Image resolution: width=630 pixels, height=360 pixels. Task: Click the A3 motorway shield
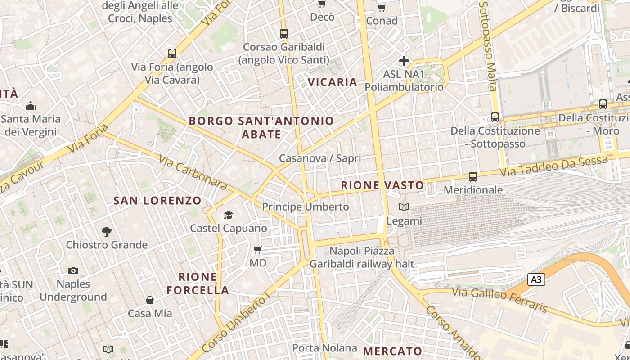(x=536, y=280)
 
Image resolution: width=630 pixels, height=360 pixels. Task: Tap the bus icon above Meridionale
(x=472, y=177)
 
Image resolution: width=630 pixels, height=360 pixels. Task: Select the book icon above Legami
(x=404, y=207)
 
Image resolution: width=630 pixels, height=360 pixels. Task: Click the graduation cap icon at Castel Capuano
(x=229, y=215)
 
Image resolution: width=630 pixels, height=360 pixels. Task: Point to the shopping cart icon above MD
(x=258, y=250)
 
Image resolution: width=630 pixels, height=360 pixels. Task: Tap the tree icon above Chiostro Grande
(x=107, y=232)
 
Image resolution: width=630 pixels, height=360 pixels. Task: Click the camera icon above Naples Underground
(x=73, y=271)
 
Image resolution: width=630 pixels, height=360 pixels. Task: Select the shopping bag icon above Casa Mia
(x=150, y=300)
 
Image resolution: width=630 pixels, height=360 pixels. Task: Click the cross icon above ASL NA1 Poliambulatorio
(x=404, y=61)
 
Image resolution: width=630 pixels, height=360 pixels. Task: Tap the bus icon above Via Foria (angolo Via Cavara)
(x=172, y=54)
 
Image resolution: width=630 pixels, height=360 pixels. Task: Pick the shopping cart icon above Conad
(x=382, y=8)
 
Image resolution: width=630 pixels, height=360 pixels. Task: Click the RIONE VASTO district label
(x=382, y=185)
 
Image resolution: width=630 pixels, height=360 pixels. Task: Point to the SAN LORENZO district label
(x=157, y=201)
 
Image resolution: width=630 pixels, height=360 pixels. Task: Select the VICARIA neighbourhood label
(x=333, y=82)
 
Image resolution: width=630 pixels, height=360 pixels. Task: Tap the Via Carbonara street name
(x=193, y=172)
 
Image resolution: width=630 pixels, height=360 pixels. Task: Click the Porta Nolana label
(x=324, y=348)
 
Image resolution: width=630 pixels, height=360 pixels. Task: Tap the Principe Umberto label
(x=306, y=207)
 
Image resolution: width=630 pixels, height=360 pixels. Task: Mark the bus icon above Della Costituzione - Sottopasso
(x=495, y=117)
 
